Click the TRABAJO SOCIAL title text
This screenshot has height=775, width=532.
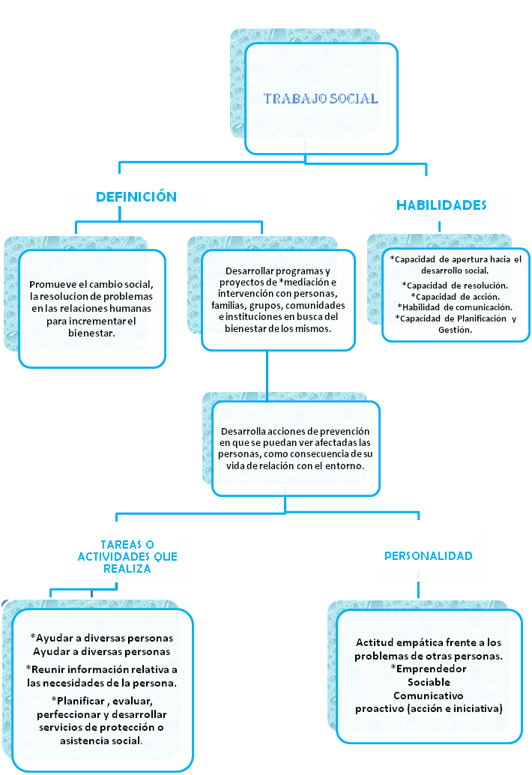pos(321,99)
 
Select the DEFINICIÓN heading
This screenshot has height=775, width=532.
pos(136,197)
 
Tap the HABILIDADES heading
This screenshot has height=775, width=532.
pos(441,205)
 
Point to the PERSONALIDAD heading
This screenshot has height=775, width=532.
pos(428,556)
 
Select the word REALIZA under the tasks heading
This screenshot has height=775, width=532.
pos(127,569)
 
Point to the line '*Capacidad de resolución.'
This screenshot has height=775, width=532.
pos(455,286)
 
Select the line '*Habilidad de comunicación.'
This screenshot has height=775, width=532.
pos(455,307)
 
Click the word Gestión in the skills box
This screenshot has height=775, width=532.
pos(455,329)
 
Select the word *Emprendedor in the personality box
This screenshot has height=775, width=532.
pos(428,669)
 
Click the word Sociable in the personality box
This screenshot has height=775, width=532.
pos(429,682)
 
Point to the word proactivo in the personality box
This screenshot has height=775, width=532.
pos(381,708)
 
